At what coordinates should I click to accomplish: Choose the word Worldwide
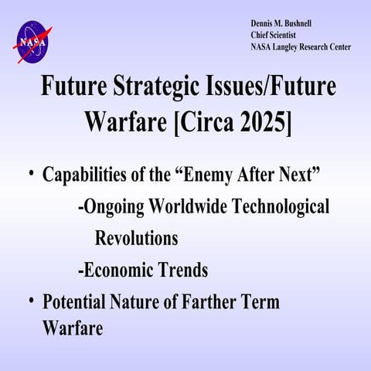coord(194,208)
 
